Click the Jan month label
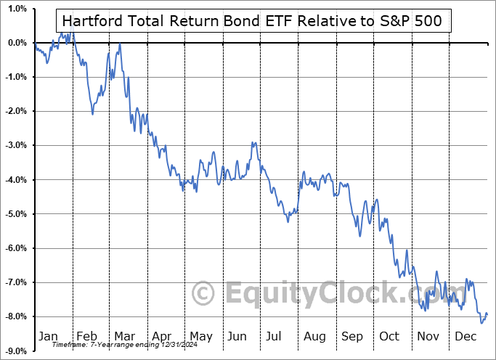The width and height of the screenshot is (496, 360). point(48,336)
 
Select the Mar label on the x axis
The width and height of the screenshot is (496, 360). point(123,336)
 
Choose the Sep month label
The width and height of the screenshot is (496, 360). point(351,336)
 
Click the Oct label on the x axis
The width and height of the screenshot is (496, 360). point(390,336)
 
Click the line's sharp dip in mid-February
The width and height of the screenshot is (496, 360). point(92,114)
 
